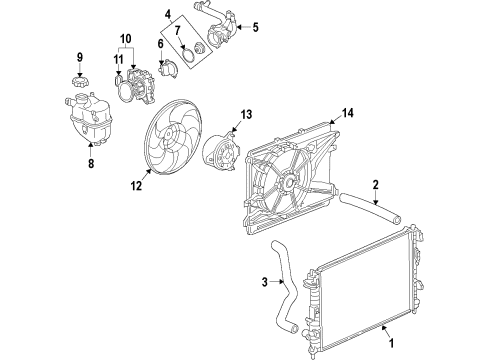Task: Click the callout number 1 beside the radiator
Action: click(x=392, y=343)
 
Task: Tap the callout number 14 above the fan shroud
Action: click(x=347, y=113)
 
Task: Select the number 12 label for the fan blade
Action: click(x=136, y=186)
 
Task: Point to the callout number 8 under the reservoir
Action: click(x=91, y=163)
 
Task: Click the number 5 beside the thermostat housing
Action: click(x=255, y=27)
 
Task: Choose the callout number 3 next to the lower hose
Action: click(x=265, y=282)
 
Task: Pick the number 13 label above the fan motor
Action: click(x=246, y=115)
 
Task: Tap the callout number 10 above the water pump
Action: click(x=125, y=39)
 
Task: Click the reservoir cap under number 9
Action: click(x=80, y=82)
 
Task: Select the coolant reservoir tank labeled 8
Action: click(x=89, y=120)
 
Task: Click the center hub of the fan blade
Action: click(x=168, y=134)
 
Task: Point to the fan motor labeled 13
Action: click(x=221, y=152)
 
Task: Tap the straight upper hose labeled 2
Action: click(x=370, y=207)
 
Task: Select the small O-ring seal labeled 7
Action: click(x=189, y=55)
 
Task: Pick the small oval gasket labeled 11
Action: click(x=118, y=80)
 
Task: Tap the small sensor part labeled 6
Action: click(x=168, y=69)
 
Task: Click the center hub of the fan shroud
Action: click(x=287, y=182)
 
